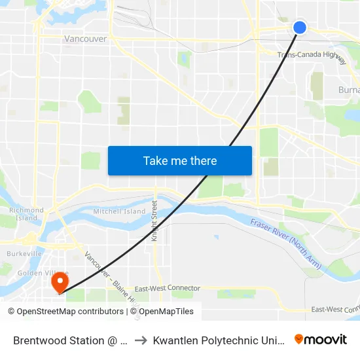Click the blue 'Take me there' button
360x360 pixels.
(x=180, y=160)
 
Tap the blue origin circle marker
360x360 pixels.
(x=299, y=27)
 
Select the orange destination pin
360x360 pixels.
(x=60, y=283)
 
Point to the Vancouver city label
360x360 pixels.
(x=85, y=39)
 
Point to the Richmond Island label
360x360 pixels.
(x=26, y=214)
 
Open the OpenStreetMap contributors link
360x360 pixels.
(x=69, y=312)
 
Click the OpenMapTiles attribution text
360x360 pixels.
(x=166, y=312)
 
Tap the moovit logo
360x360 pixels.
(x=320, y=340)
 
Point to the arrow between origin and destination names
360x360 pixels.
(x=141, y=340)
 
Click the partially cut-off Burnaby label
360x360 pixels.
(x=348, y=90)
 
